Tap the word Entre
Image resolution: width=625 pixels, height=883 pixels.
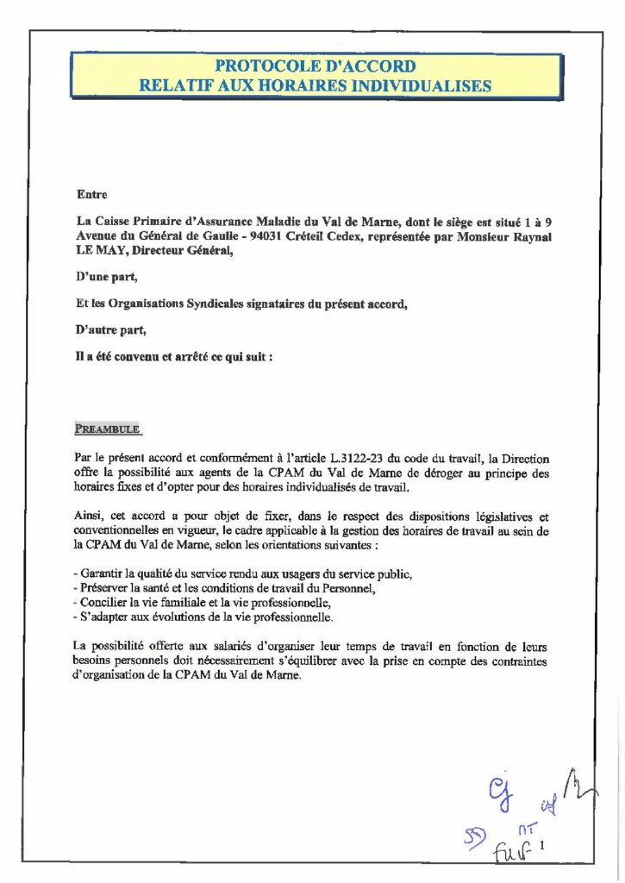click(x=92, y=195)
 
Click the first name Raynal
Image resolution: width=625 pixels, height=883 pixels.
click(x=529, y=236)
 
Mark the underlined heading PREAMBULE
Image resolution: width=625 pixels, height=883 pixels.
click(x=107, y=429)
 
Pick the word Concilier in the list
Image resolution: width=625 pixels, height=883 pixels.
click(x=108, y=603)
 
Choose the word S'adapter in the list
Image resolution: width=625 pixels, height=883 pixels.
click(x=109, y=617)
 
